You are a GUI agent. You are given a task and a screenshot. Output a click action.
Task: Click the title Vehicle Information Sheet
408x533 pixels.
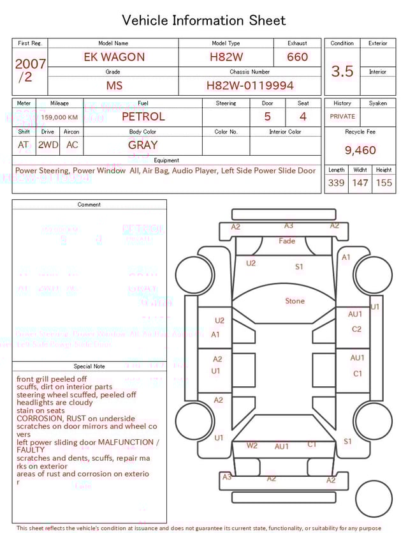click(203, 20)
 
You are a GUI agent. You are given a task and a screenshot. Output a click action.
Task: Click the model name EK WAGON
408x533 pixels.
click(114, 57)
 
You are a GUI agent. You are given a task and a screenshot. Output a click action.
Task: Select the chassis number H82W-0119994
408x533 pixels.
click(250, 86)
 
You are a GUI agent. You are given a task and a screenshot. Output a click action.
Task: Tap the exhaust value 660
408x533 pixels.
click(297, 57)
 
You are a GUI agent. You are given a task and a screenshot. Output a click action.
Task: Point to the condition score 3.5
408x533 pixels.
click(342, 71)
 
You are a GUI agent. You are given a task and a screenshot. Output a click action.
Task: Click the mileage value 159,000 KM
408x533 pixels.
click(60, 117)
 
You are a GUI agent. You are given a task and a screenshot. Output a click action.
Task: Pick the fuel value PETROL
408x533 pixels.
click(143, 117)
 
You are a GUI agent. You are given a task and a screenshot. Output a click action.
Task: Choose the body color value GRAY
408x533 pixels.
click(143, 145)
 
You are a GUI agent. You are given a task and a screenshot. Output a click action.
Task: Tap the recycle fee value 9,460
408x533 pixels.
click(360, 151)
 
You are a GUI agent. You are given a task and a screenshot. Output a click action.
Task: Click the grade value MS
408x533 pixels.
click(114, 86)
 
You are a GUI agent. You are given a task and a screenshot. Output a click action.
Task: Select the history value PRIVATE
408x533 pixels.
click(342, 117)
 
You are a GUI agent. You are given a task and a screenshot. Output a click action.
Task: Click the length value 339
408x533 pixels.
click(336, 183)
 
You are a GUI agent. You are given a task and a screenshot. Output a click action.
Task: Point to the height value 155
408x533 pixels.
click(384, 183)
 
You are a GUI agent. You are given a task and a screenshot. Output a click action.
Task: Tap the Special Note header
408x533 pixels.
click(89, 366)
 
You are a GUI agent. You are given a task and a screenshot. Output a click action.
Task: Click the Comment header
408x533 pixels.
click(89, 205)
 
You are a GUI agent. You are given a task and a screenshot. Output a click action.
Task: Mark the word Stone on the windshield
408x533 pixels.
click(295, 301)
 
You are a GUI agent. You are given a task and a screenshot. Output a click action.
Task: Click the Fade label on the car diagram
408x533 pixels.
click(287, 241)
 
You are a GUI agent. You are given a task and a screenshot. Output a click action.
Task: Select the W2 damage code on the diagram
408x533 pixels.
click(252, 446)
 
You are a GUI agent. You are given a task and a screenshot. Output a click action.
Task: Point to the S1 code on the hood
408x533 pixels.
click(299, 267)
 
